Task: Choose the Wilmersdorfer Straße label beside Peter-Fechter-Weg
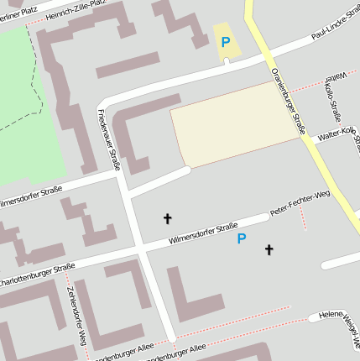point(203,233)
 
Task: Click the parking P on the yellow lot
point(225,42)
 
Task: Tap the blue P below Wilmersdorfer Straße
point(242,239)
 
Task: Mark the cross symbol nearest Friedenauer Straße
point(167,219)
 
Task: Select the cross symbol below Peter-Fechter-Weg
point(269,249)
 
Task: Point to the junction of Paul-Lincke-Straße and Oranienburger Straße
point(267,57)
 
